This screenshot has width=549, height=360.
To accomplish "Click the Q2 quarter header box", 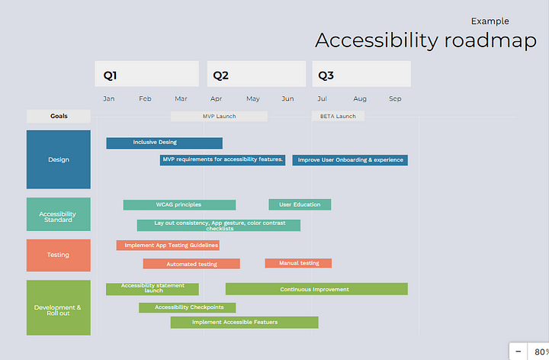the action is click(x=256, y=74).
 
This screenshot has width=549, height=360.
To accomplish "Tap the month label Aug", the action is click(x=360, y=98).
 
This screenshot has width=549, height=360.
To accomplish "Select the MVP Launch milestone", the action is click(x=219, y=116).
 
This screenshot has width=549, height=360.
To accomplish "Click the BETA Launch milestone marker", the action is click(x=338, y=116).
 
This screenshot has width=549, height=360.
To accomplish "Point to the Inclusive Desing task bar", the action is click(x=164, y=143).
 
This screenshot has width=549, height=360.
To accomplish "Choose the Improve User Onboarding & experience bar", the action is click(x=350, y=160).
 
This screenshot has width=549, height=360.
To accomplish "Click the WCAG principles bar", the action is click(x=179, y=205).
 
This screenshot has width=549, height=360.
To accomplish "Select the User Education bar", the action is click(x=300, y=204).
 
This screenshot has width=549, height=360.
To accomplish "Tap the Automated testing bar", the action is click(x=191, y=264).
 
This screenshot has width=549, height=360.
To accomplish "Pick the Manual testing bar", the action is click(x=298, y=263).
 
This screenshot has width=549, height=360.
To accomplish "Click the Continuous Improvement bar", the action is click(x=316, y=289).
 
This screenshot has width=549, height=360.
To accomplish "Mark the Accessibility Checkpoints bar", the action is click(x=188, y=307).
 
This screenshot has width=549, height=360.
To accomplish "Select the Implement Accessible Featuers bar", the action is click(x=245, y=323).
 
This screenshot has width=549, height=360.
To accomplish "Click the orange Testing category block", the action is click(x=59, y=256).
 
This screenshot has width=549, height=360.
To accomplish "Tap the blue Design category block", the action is click(x=59, y=159).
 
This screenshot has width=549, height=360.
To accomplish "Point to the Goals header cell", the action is click(x=59, y=116).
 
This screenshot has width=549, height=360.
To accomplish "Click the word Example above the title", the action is click(x=490, y=21).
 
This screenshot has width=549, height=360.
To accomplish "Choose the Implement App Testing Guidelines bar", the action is click(x=168, y=245).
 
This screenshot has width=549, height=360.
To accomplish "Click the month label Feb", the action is click(x=145, y=98).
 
